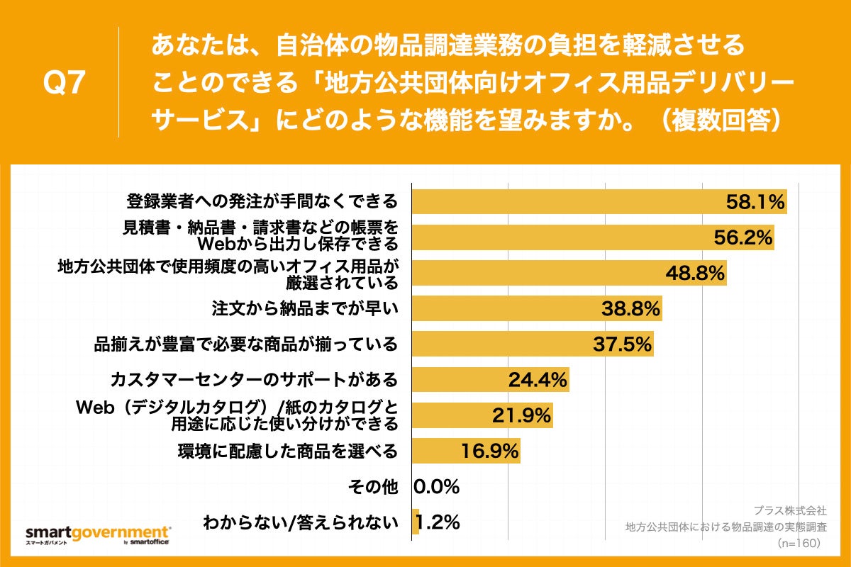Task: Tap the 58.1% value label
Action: (755, 203)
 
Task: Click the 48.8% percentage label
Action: (694, 273)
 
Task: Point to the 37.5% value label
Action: (621, 344)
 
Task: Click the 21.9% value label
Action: (521, 415)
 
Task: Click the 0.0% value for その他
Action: (437, 487)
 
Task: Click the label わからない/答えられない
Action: (300, 523)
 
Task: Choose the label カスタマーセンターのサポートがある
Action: (254, 380)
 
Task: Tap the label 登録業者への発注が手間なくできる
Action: (262, 202)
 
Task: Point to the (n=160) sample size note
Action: (799, 542)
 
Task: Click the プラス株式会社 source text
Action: (789, 510)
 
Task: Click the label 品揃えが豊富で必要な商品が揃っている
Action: (246, 344)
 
